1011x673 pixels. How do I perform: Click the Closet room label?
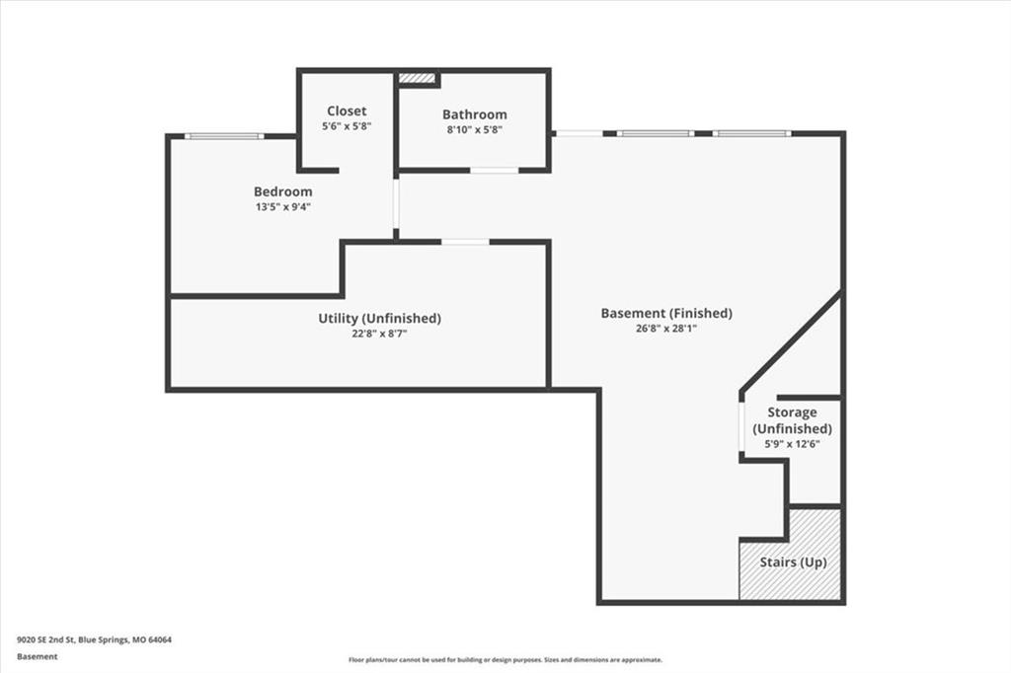point(347,111)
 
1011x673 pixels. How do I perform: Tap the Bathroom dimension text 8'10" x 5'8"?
point(475,129)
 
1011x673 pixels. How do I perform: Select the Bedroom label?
point(283,191)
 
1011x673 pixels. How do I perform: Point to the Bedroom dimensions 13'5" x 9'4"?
point(283,207)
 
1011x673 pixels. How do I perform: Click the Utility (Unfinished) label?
point(380,318)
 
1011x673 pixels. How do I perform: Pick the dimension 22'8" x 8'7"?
point(380,334)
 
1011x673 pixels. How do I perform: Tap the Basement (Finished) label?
point(666,313)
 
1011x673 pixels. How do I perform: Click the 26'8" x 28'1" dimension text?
point(666,329)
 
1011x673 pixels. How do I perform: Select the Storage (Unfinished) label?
point(793,420)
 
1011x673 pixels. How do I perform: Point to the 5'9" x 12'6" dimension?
point(793,443)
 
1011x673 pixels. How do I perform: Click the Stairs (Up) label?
point(793,562)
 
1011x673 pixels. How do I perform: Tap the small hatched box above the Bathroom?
point(417,78)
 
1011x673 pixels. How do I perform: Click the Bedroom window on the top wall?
point(224,136)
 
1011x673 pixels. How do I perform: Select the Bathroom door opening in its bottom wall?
point(494,171)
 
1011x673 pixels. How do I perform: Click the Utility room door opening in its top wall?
point(466,243)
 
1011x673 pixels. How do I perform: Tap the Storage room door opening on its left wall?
point(741,426)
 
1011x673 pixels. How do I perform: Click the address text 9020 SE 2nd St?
point(45,640)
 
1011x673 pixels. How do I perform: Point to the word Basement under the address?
point(38,656)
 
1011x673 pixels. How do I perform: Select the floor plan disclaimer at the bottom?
point(505,660)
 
